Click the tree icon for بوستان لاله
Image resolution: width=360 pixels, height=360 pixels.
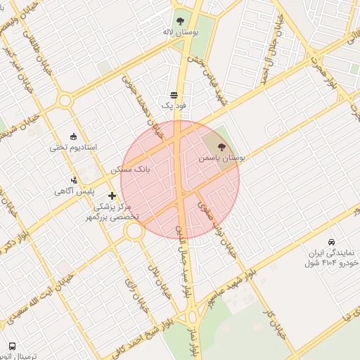click(180, 20)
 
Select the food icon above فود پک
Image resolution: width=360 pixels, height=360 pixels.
click(174, 95)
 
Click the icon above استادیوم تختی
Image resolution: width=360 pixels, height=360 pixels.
click(74, 136)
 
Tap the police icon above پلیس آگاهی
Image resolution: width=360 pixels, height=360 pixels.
click(75, 180)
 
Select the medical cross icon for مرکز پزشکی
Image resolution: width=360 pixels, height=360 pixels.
click(112, 195)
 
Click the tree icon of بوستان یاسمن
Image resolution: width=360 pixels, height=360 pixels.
click(222, 148)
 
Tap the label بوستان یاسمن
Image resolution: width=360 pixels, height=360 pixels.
click(221, 160)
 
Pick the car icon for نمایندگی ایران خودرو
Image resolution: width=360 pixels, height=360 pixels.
click(331, 241)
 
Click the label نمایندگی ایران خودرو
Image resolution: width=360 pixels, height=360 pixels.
click(330, 257)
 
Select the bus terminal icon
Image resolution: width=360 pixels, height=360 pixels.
click(12, 347)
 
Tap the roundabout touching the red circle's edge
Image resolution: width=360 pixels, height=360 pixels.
click(135, 230)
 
